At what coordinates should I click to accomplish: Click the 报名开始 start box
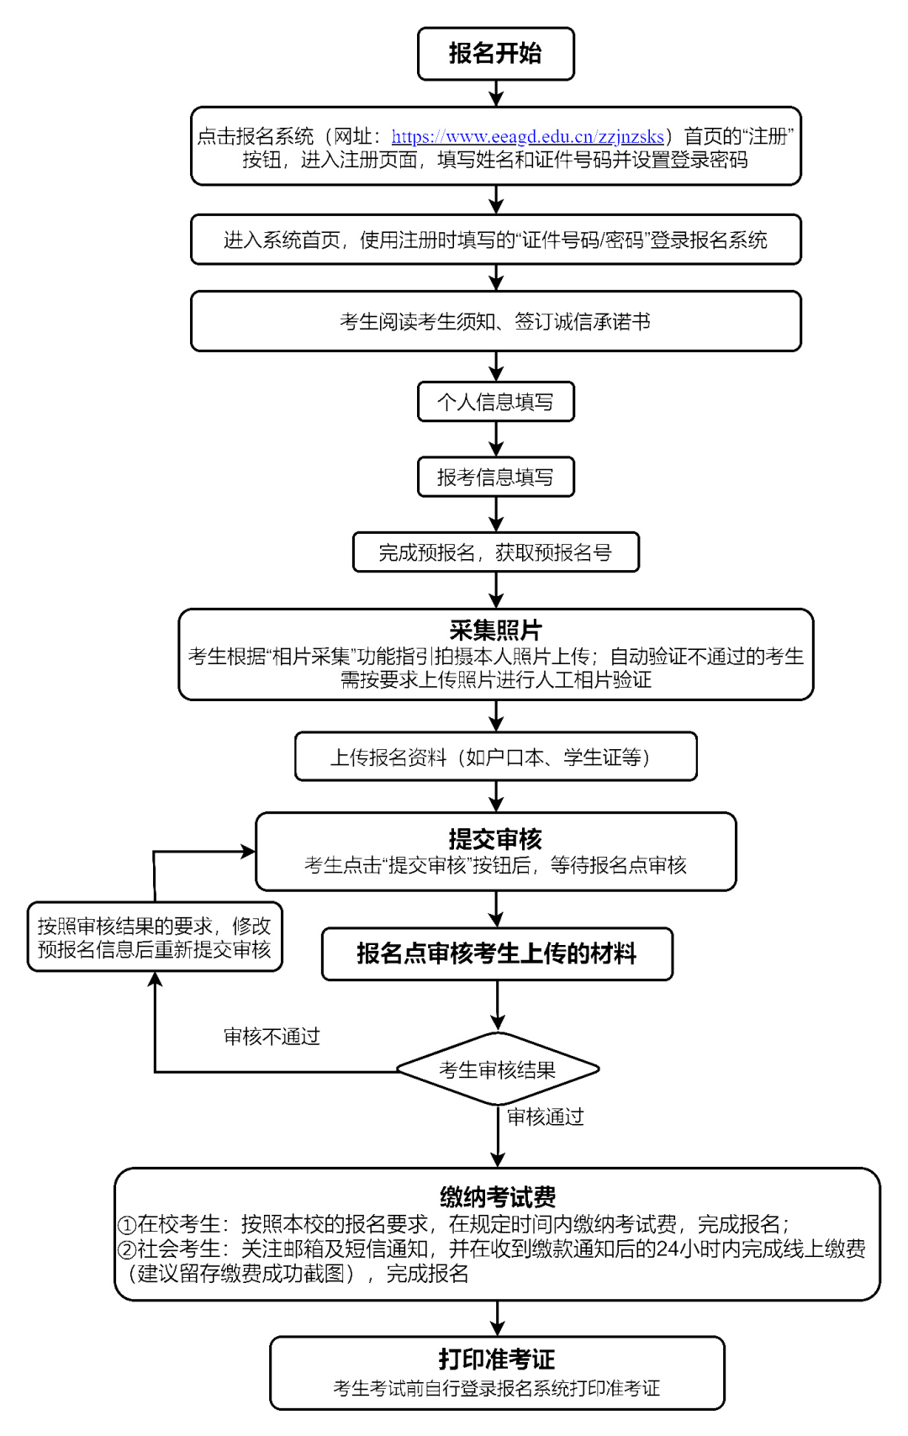[x=495, y=54]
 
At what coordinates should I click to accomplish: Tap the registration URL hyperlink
[x=527, y=136]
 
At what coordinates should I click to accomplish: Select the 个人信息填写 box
[x=495, y=402]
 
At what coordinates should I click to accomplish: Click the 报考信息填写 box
[x=495, y=478]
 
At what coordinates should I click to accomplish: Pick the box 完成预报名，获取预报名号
[x=495, y=552]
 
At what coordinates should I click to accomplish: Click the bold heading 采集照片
[x=495, y=630]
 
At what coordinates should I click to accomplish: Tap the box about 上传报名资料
[x=495, y=757]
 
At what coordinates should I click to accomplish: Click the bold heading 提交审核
[x=495, y=839]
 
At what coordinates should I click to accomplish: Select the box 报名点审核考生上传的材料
[x=497, y=953]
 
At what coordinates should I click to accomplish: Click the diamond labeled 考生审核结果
[x=498, y=1069]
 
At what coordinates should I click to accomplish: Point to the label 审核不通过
[x=272, y=1037]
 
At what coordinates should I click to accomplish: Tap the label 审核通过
[x=545, y=1117]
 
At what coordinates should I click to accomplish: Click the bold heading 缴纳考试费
[x=497, y=1196]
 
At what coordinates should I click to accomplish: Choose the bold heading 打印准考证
[x=496, y=1359]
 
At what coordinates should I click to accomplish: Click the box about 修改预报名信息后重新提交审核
[x=155, y=937]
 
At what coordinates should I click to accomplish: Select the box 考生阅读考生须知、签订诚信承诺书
[x=495, y=321]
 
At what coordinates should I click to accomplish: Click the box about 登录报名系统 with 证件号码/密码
[x=495, y=240]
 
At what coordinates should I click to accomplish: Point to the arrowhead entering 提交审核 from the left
[x=248, y=852]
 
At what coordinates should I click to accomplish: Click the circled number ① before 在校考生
[x=127, y=1225]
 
